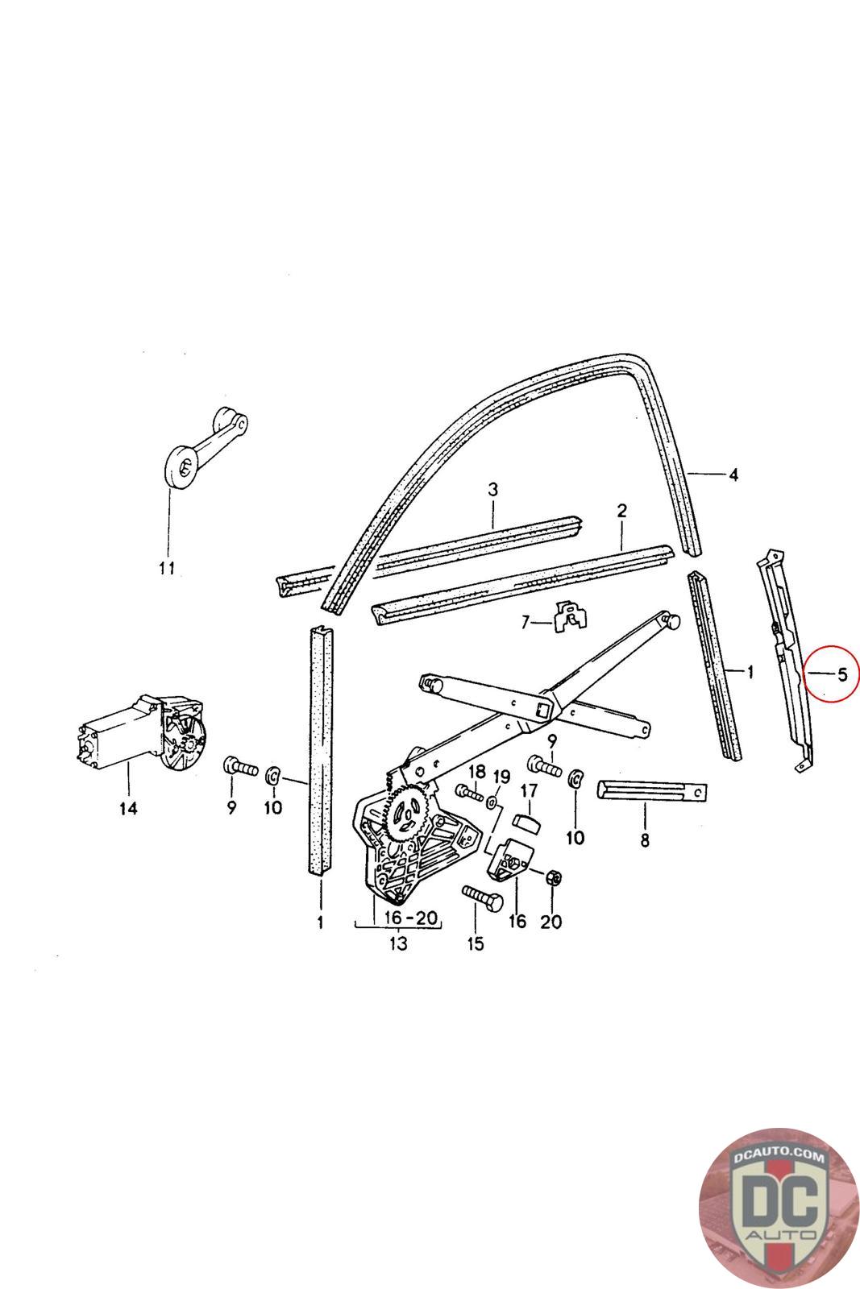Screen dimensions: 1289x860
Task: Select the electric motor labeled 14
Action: coord(141,735)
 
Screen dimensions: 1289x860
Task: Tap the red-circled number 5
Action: coord(841,674)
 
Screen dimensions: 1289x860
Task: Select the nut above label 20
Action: coord(553,877)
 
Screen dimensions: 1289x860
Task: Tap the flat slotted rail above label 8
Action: coord(651,791)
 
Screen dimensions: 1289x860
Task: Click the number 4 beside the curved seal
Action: coord(733,475)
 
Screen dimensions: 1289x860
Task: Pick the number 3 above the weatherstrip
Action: coord(492,489)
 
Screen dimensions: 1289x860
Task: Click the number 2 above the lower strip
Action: coord(621,511)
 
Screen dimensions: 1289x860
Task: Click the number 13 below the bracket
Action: coord(398,943)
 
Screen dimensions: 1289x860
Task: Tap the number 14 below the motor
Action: coord(129,808)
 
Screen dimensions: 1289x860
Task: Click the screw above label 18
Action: coord(470,793)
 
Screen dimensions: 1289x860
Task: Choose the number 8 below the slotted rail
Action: coord(644,842)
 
